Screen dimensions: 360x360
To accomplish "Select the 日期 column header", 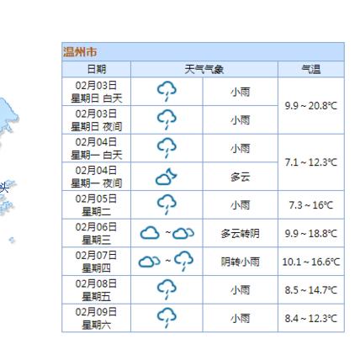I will click(x=98, y=69).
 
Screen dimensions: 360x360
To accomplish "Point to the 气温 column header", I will click(x=310, y=69).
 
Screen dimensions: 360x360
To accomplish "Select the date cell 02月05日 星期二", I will click(x=98, y=204).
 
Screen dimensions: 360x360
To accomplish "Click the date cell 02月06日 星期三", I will click(x=98, y=233).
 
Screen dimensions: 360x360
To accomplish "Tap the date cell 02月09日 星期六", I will click(x=98, y=318).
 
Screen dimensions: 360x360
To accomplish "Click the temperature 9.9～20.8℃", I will click(x=310, y=105).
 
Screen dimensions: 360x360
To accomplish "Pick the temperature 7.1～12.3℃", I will click(x=310, y=161).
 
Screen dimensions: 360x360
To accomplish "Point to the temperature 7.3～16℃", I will click(x=310, y=204).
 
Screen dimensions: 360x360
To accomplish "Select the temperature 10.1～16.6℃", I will click(x=310, y=262).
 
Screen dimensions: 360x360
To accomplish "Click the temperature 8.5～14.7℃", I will click(x=310, y=290).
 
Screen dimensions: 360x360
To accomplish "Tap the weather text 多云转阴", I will click(x=240, y=233).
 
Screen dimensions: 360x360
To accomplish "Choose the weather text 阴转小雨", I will click(x=240, y=262).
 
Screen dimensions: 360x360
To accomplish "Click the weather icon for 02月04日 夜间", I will click(x=167, y=176).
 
